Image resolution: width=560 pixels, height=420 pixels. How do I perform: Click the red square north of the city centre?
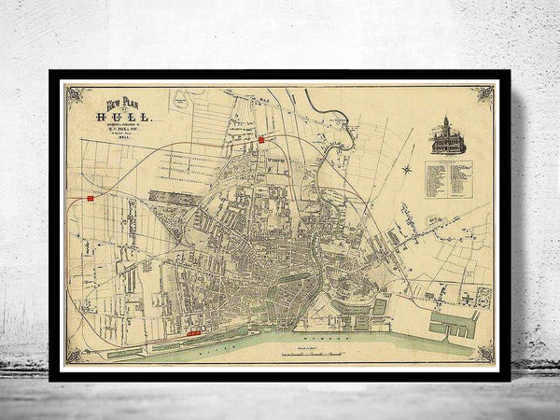click(262, 139)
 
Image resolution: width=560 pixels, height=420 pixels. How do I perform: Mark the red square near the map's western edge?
click(90, 198)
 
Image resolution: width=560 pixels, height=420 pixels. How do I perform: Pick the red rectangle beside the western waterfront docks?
click(194, 330)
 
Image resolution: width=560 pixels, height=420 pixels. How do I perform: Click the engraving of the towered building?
click(446, 136)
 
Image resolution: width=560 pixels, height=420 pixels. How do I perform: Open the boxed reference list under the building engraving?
click(447, 179)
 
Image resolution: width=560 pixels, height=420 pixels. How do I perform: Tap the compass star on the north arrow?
click(407, 169)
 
